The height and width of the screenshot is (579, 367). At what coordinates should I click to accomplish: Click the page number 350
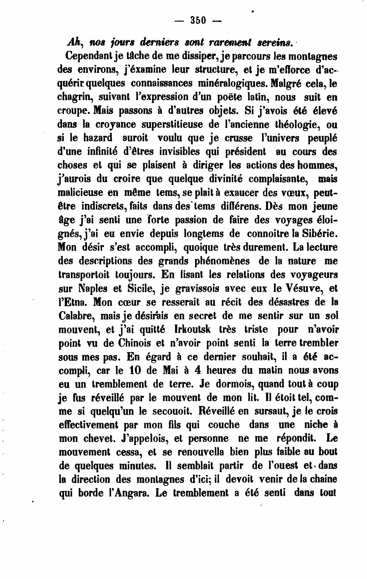click(197, 21)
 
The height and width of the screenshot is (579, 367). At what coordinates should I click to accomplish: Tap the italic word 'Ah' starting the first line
click(72, 42)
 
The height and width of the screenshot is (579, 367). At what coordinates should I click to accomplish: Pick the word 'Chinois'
click(131, 343)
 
